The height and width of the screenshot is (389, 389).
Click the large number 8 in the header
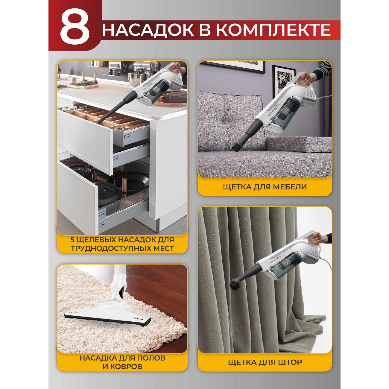(x=75, y=30)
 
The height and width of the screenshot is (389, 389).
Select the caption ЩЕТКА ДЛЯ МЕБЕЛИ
(x=265, y=187)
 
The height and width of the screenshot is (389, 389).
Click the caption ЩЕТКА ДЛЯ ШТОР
(x=265, y=362)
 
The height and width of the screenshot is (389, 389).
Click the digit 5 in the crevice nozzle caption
(x=73, y=240)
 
